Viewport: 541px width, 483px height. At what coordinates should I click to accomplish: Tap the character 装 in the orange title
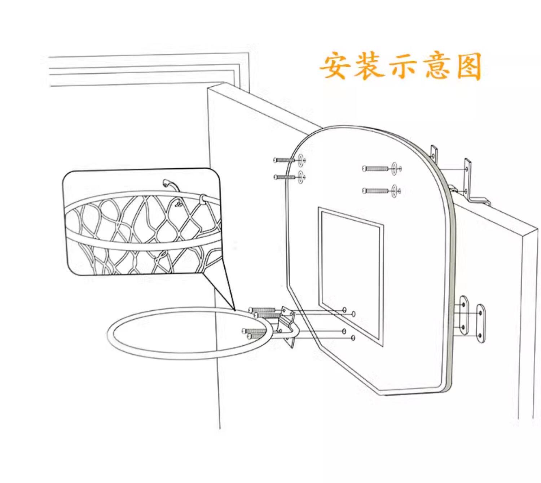368,66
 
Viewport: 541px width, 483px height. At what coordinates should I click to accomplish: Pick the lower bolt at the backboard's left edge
285,177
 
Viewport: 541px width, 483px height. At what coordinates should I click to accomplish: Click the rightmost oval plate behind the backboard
480,323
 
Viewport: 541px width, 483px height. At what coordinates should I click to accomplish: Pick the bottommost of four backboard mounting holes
353,337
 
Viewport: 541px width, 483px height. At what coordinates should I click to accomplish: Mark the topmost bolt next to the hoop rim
261,310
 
